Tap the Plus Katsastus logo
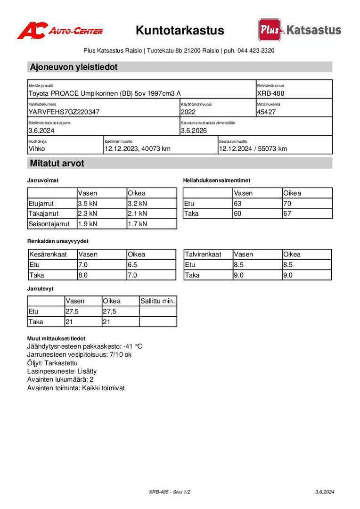click(299, 30)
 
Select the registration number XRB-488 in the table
click(270, 93)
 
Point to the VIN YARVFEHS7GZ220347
click(64, 112)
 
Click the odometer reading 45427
click(267, 112)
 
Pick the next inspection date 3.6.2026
click(194, 131)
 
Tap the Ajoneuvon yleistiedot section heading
click(74, 67)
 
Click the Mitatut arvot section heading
click(57, 164)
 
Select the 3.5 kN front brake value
click(88, 204)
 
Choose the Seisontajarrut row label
click(49, 224)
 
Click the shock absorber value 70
click(287, 204)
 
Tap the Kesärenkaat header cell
click(48, 254)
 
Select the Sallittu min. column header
click(157, 301)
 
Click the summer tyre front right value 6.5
click(132, 265)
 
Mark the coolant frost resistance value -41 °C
click(132, 346)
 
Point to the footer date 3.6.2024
click(325, 492)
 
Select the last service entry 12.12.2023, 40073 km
click(137, 149)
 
